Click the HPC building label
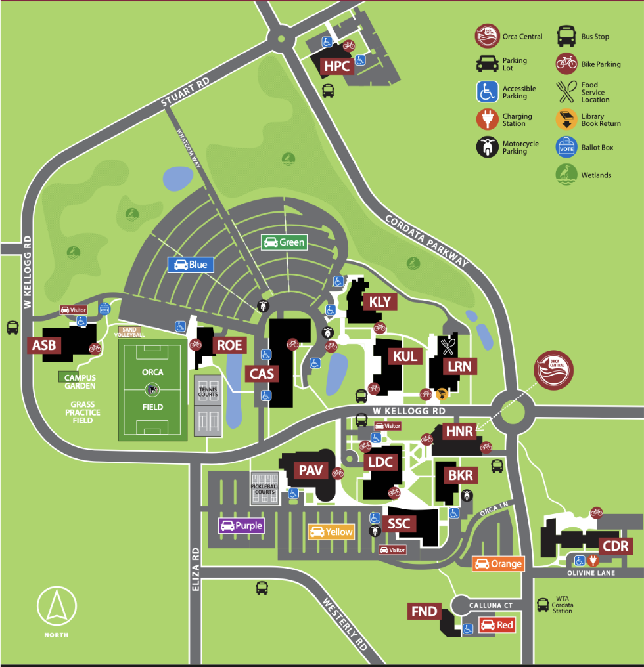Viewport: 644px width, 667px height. pyautogui.click(x=337, y=66)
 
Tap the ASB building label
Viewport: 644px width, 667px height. pyautogui.click(x=44, y=346)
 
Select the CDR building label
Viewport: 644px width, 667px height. pyautogui.click(x=615, y=546)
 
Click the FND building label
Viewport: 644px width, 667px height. pyautogui.click(x=424, y=612)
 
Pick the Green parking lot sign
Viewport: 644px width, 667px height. pyautogui.click(x=284, y=242)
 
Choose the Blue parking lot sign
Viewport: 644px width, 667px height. pyautogui.click(x=191, y=265)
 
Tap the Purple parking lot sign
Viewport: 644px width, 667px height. pyautogui.click(x=241, y=525)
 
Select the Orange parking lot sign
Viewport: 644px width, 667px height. pyautogui.click(x=498, y=563)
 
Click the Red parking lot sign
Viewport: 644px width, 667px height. pyautogui.click(x=496, y=625)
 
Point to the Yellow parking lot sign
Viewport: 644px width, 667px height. pyautogui.click(x=332, y=532)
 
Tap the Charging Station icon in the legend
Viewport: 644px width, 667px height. pyautogui.click(x=487, y=119)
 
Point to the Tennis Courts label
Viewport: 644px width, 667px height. pyautogui.click(x=208, y=391)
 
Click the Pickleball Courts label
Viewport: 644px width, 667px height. pyautogui.click(x=264, y=489)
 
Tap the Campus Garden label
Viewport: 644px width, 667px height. pyautogui.click(x=80, y=381)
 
